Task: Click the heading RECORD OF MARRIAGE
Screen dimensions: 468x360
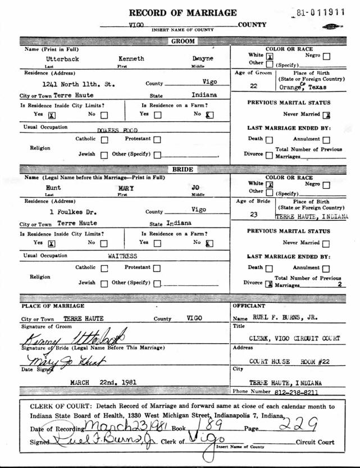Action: (x=183, y=12)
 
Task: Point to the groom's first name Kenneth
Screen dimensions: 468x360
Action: (x=132, y=58)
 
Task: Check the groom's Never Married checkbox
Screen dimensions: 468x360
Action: (x=327, y=115)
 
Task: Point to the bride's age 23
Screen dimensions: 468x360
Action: (x=253, y=213)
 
